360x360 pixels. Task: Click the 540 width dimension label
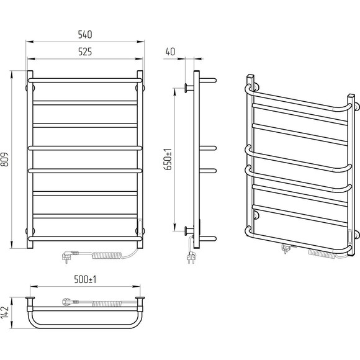[x=85, y=35]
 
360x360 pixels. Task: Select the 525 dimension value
[x=85, y=52]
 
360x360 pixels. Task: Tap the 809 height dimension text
[x=5, y=159]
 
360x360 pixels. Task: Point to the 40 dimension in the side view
[x=170, y=52]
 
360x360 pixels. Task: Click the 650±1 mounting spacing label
[x=168, y=159]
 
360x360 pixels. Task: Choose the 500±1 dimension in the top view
[x=85, y=280]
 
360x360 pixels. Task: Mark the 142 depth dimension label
[x=5, y=312]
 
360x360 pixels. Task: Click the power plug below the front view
[x=70, y=256]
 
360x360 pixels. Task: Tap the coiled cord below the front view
[x=107, y=255]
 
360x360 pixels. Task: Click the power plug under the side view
[x=191, y=257]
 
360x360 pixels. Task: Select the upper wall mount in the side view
[x=189, y=88]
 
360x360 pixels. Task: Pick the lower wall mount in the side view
[x=189, y=231]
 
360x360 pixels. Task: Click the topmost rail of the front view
[x=85, y=80]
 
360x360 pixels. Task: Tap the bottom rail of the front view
[x=85, y=238]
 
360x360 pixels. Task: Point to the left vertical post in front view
[x=30, y=160]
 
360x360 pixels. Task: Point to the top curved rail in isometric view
[x=299, y=99]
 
